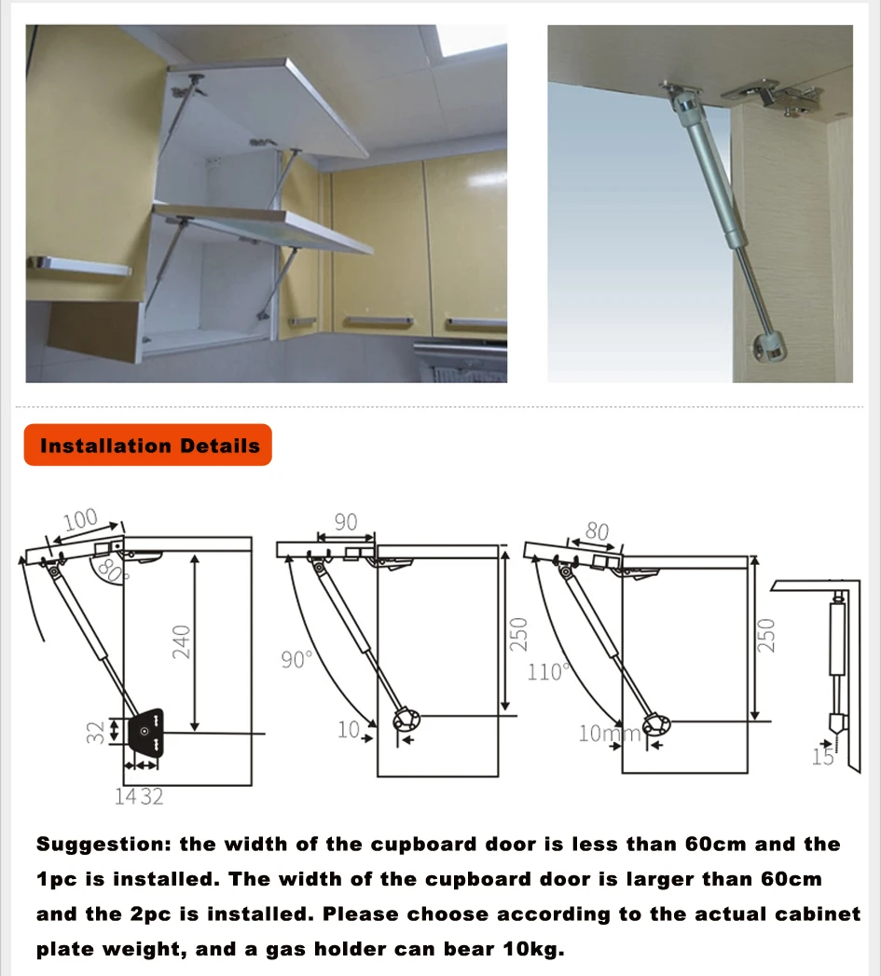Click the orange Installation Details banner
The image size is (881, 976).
[147, 445]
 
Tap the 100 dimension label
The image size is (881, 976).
[80, 519]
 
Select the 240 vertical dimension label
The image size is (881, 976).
[181, 641]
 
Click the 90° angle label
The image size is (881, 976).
[296, 659]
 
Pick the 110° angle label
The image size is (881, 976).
[548, 671]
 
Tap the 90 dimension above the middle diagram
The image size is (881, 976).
[346, 522]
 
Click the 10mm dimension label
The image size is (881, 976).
[609, 734]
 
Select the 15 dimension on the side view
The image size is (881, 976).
[822, 757]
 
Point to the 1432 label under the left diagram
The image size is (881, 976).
[139, 797]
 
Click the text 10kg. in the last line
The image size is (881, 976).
[533, 949]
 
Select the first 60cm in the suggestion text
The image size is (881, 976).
[715, 844]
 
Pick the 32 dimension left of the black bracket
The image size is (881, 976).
[95, 732]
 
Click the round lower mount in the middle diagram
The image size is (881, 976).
[406, 721]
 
